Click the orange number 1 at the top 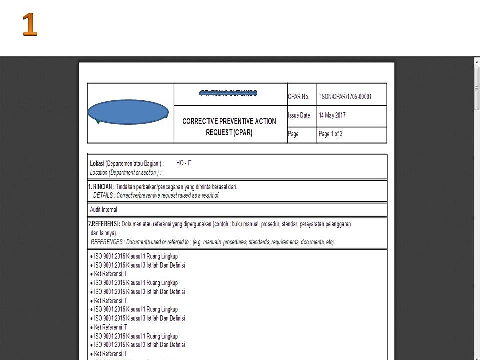tap(30, 24)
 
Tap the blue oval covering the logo tap(128, 112)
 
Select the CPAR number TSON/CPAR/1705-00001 tap(345, 97)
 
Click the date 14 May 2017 tap(332, 115)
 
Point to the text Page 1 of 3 tap(330, 134)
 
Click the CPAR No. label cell tap(298, 97)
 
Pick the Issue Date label tap(299, 115)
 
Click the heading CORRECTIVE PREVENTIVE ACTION tap(229, 121)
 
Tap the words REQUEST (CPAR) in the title tap(229, 133)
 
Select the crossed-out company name tap(229, 92)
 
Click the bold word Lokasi tap(97, 164)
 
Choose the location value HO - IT tap(184, 163)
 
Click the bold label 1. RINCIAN tap(101, 187)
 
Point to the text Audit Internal tap(103, 210)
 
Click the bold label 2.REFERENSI tap(104, 224)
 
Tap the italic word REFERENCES tap(107, 242)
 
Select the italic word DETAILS tap(103, 195)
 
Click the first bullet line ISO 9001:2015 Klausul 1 tap(136, 257)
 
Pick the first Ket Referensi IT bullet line tap(111, 274)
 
